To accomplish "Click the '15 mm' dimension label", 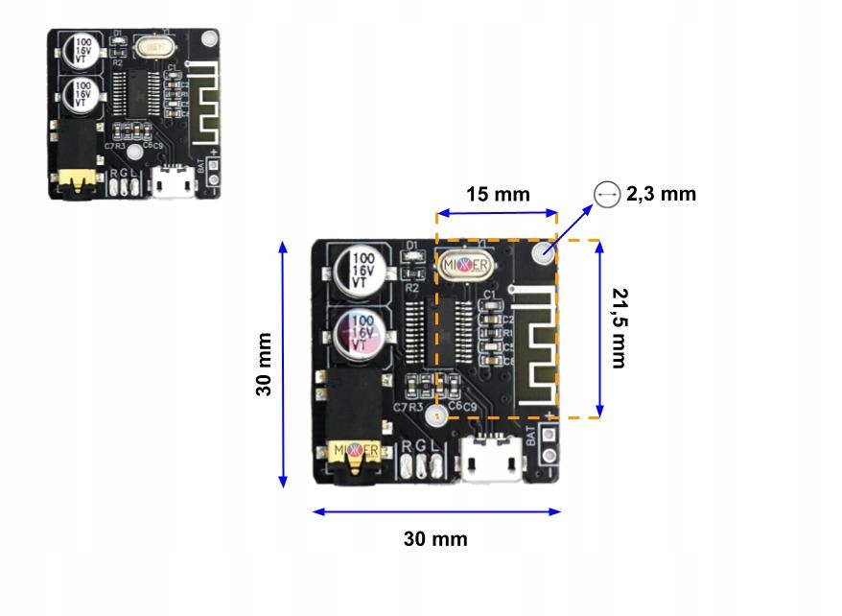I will click(497, 194).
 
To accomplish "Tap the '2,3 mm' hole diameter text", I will click(661, 194).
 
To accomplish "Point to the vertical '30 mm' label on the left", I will click(264, 364).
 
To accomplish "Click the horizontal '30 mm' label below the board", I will click(435, 538).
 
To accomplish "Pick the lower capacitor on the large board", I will click(361, 331).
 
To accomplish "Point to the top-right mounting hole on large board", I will click(544, 253).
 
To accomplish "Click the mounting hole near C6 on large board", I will click(436, 416).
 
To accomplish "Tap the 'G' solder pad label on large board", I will click(421, 446).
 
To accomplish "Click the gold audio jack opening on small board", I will click(72, 179).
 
